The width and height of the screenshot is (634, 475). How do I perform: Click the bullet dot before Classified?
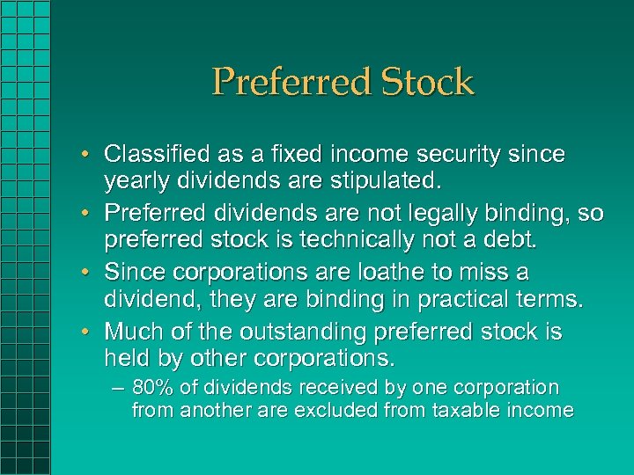(x=92, y=155)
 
